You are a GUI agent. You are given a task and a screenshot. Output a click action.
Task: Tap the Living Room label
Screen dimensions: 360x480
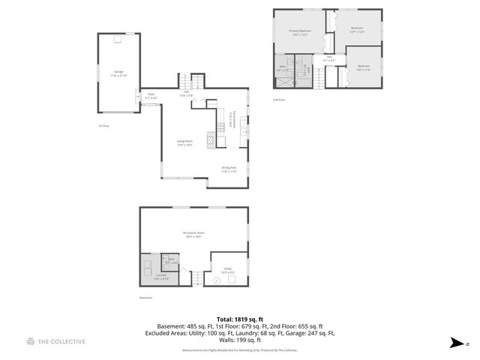coord(184,142)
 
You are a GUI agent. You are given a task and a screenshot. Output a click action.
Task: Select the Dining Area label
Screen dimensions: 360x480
coord(229,169)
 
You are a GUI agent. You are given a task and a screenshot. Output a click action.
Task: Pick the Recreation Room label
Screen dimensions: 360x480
coord(193,234)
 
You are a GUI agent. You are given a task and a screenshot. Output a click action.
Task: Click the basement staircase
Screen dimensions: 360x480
coord(196,279)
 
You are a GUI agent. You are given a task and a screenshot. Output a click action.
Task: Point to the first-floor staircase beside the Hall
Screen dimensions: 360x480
coord(196,82)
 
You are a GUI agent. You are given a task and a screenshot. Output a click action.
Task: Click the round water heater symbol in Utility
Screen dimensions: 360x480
coord(217,280)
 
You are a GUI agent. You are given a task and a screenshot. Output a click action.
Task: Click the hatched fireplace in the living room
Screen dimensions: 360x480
coord(211,136)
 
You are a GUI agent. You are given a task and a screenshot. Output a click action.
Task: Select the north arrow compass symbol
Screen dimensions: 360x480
coord(455,343)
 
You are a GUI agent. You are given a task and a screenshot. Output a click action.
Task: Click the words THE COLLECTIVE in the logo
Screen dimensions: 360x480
coord(61,342)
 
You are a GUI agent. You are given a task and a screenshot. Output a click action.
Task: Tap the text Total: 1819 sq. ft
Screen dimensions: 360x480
coord(240,319)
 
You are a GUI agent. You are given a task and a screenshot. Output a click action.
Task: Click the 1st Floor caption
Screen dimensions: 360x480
coord(105,126)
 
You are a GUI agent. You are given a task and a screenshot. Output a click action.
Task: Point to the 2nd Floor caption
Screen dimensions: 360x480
coord(280,98)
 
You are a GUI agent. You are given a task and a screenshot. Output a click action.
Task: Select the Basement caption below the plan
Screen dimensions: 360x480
coord(145,298)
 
